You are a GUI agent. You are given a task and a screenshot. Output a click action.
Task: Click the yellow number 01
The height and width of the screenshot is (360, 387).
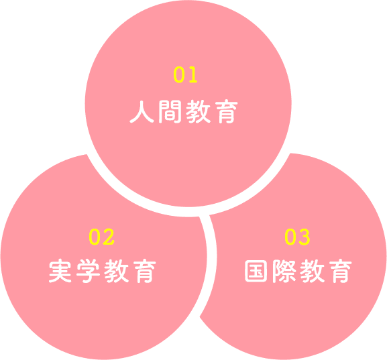pos(185,74)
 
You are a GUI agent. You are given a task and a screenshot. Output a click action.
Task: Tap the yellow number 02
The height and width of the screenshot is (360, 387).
pos(102,237)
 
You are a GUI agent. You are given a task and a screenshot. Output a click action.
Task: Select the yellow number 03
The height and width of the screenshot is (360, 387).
pos(297,237)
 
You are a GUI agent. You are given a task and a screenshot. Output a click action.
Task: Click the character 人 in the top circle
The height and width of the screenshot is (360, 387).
pos(142,111)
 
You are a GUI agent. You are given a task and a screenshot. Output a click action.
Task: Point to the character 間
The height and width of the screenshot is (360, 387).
pos(170,111)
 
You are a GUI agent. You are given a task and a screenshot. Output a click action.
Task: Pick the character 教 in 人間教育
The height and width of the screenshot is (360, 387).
pos(198,111)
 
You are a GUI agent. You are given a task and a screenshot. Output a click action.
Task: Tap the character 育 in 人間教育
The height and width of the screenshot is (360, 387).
pos(226,111)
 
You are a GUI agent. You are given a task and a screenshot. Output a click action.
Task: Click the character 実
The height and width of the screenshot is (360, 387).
pos(60,271)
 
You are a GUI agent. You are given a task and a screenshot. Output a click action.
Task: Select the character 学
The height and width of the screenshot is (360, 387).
pos(88,271)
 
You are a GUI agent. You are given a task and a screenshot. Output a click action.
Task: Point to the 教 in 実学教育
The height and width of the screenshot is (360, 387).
pos(117,271)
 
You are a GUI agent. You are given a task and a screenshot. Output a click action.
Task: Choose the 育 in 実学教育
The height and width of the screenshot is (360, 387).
pos(145,271)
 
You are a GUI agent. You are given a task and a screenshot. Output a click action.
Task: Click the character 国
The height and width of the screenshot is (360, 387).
pos(256,271)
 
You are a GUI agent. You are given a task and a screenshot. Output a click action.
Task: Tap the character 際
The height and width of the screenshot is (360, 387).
pos(284,271)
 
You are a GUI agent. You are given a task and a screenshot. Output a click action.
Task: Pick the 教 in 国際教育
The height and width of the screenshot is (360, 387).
pos(313,271)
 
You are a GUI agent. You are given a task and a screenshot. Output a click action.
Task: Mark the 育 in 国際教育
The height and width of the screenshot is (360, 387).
pos(341,271)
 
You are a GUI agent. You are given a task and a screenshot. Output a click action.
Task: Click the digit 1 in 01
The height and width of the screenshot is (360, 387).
pos(192,74)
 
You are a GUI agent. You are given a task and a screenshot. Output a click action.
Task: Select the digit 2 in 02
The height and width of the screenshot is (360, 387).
pos(109,237)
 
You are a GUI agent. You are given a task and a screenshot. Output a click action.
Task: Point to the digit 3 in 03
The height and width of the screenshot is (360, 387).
pos(305,237)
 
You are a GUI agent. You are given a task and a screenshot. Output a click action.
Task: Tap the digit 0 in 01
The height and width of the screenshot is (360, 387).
pos(179,74)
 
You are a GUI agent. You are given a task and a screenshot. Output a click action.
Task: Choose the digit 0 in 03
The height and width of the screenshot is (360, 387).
pos(290,237)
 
